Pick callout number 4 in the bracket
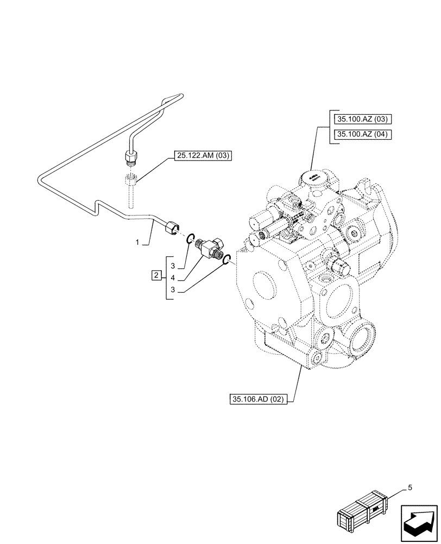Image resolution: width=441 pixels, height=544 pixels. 173,279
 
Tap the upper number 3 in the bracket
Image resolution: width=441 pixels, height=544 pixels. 173,265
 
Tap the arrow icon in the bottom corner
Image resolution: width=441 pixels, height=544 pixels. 420,522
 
